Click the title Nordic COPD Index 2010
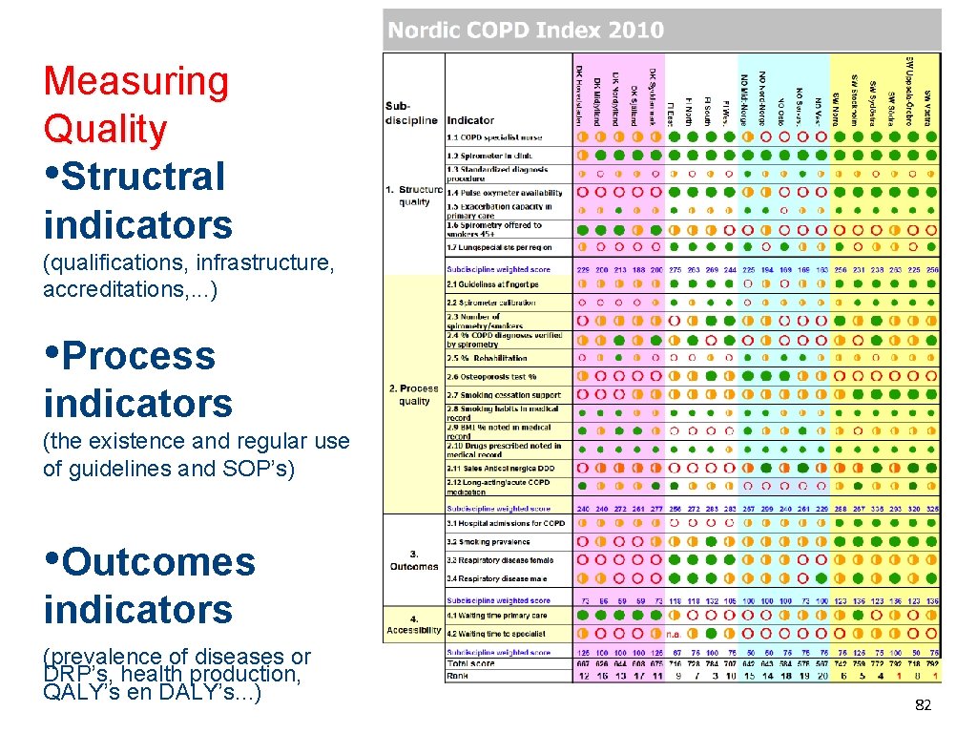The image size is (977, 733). click(525, 31)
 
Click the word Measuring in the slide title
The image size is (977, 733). click(136, 82)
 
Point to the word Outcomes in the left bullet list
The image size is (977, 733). click(159, 562)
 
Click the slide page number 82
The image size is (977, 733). click(923, 704)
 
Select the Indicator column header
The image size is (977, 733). click(470, 120)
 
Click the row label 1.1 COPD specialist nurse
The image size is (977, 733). click(492, 136)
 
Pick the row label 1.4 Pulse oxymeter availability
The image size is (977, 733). click(505, 193)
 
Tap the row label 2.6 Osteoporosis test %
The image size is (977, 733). click(491, 377)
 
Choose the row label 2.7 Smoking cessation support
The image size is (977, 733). click(503, 394)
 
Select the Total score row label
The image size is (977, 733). click(469, 662)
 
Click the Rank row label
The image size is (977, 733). click(458, 676)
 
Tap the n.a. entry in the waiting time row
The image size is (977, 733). click(672, 633)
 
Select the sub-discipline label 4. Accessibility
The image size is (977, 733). click(414, 624)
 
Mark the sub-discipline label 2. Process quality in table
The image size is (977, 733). click(414, 394)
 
